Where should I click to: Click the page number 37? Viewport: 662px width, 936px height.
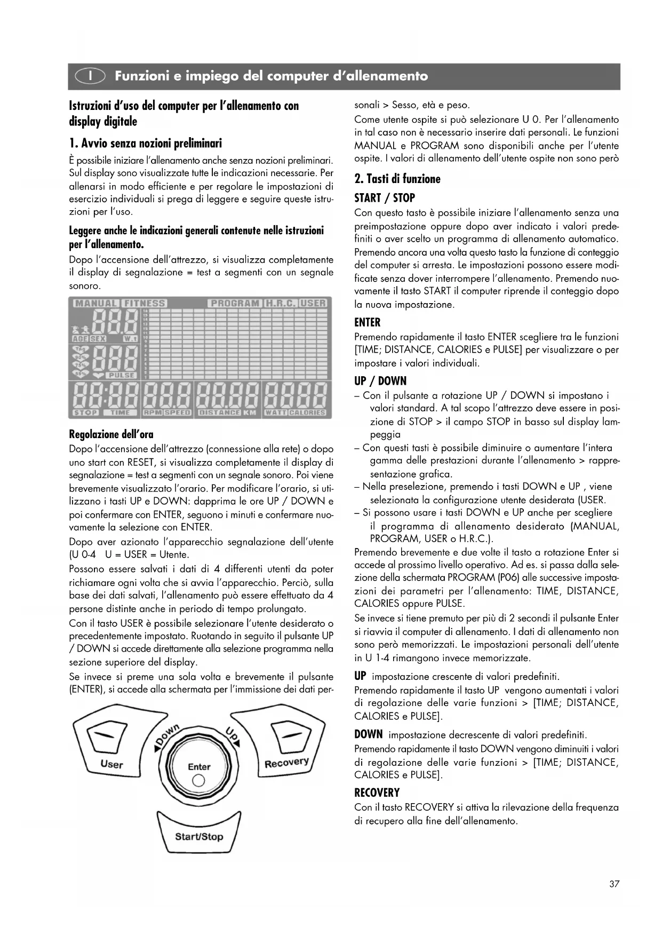614,884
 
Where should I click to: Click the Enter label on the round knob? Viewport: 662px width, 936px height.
199,767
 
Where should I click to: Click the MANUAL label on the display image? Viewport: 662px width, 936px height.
95,303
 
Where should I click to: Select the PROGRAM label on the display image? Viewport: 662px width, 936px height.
235,303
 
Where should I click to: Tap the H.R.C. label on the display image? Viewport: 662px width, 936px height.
281,303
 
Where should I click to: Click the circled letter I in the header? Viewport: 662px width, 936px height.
91,76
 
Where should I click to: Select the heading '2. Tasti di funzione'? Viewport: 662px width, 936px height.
397,179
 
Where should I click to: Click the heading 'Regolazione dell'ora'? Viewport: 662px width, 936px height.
111,434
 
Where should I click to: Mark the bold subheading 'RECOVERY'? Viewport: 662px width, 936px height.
377,792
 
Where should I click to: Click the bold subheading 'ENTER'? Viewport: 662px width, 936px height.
368,322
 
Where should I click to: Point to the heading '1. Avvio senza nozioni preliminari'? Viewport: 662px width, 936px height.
145,143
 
